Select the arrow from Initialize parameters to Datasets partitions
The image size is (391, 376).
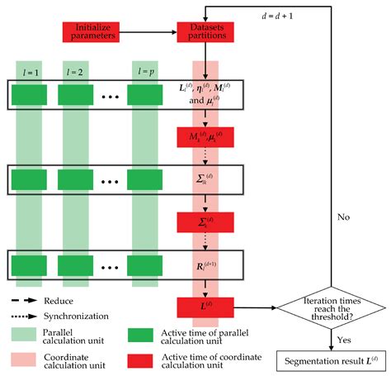145,31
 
